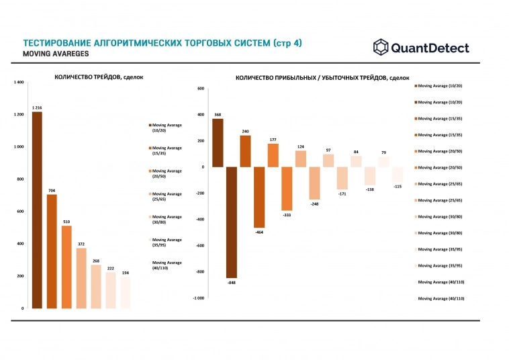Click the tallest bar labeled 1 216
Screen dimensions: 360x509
tap(37, 210)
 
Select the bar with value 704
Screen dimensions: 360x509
tap(52, 251)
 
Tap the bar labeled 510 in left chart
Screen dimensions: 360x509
tap(66, 267)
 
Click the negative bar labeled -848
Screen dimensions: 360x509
tap(232, 222)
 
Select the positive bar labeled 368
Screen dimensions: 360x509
tap(218, 142)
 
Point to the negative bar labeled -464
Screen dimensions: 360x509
tap(259, 197)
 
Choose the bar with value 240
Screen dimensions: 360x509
tap(245, 151)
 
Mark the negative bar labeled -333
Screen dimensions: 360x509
tap(287, 189)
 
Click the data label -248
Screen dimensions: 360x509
tap(314, 203)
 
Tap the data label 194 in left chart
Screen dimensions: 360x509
tap(126, 273)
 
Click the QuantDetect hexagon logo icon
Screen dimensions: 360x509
tap(381, 48)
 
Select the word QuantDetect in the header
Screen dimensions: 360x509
tap(430, 48)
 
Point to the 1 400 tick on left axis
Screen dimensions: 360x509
tap(18, 83)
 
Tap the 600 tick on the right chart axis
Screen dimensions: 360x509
tap(199, 89)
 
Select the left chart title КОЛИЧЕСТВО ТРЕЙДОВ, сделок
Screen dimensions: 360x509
tap(99, 77)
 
